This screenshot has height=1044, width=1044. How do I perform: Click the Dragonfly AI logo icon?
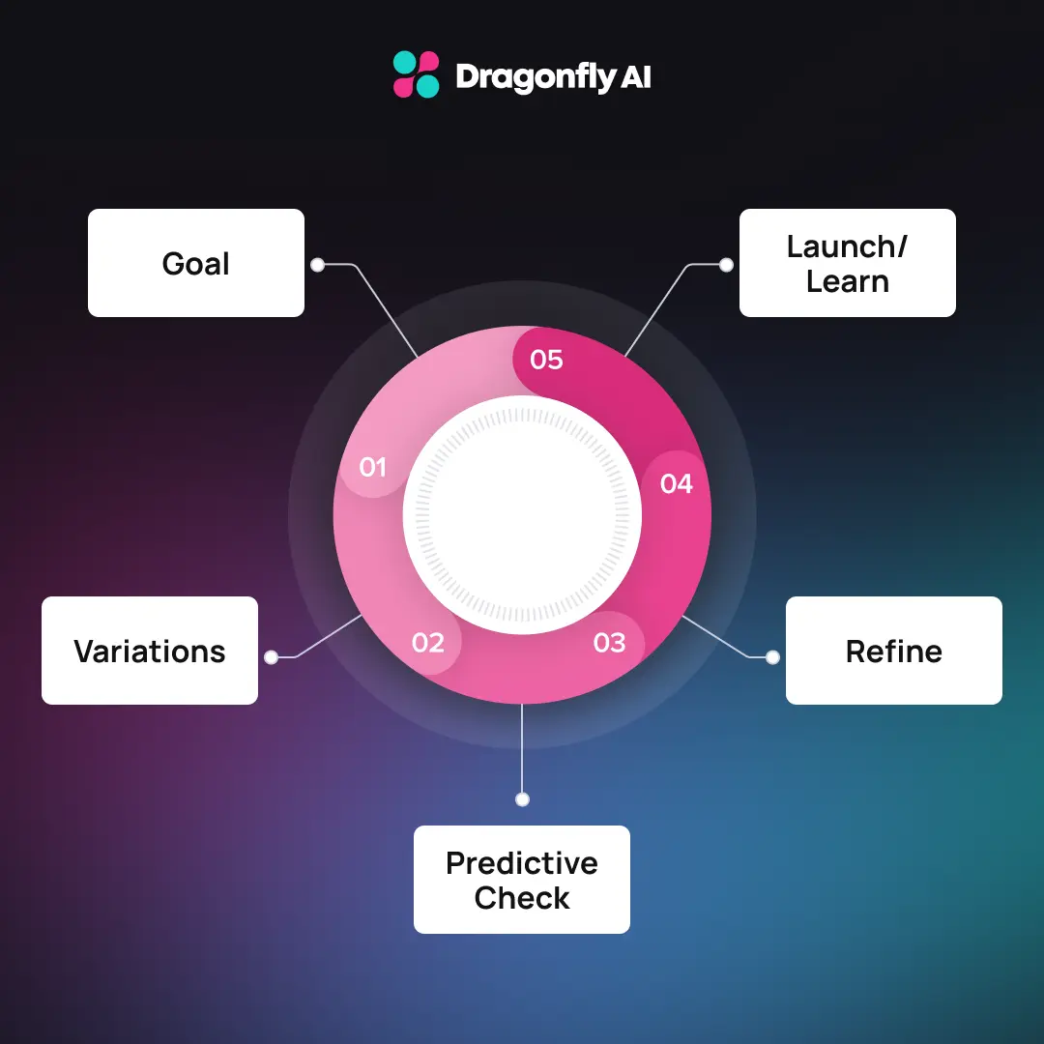(x=417, y=75)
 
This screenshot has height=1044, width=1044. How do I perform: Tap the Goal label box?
(x=196, y=263)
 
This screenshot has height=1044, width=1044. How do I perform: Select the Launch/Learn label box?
(x=847, y=263)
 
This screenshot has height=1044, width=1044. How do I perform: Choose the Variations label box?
(x=150, y=651)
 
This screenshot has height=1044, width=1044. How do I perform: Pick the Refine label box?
(x=893, y=651)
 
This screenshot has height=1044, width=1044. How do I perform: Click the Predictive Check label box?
(x=522, y=880)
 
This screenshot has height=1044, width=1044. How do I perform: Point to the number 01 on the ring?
(x=372, y=468)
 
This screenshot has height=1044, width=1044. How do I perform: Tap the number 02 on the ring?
(x=427, y=642)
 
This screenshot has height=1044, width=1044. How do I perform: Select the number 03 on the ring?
(x=609, y=642)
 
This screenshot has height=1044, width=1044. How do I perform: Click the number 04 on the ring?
(x=677, y=483)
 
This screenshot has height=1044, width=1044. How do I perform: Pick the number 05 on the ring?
(x=546, y=361)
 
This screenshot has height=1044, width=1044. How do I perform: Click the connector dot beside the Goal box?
(x=316, y=264)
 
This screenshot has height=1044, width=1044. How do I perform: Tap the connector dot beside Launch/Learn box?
(x=727, y=264)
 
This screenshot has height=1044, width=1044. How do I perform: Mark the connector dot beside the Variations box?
(x=272, y=657)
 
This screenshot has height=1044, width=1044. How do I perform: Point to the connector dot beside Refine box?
(x=772, y=657)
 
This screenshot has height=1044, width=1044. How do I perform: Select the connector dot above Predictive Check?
(x=522, y=799)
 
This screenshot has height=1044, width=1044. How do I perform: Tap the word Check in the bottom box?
(x=522, y=898)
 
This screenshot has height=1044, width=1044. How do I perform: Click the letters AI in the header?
(x=635, y=77)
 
